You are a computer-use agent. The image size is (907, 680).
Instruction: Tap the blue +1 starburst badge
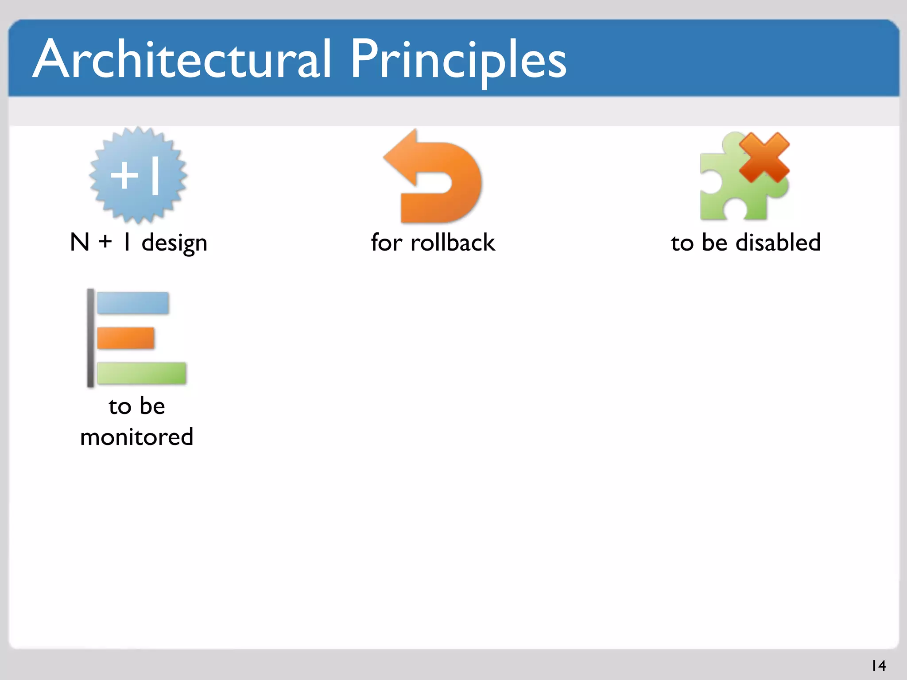[x=138, y=176]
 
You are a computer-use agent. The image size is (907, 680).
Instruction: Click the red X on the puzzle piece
[x=764, y=158]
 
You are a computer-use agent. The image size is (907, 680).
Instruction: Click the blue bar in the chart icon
[x=133, y=303]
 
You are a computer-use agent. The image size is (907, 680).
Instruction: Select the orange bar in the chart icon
[x=126, y=338]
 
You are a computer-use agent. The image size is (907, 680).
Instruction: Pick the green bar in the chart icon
[x=142, y=373]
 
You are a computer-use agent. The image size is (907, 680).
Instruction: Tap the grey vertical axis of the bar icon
[x=90, y=338]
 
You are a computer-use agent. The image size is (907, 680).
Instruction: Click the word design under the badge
[x=174, y=243]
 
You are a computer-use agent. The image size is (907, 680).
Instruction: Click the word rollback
[x=453, y=243]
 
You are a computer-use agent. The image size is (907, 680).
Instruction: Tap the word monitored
[x=137, y=437]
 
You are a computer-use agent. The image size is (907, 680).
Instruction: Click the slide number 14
[x=878, y=665]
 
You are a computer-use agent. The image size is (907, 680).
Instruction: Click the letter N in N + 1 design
[x=80, y=243]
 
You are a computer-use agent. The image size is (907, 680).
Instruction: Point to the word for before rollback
[x=386, y=243]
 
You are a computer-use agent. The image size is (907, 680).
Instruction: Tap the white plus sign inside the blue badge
[x=124, y=175]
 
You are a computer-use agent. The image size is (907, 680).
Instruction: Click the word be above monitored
[x=152, y=406]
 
